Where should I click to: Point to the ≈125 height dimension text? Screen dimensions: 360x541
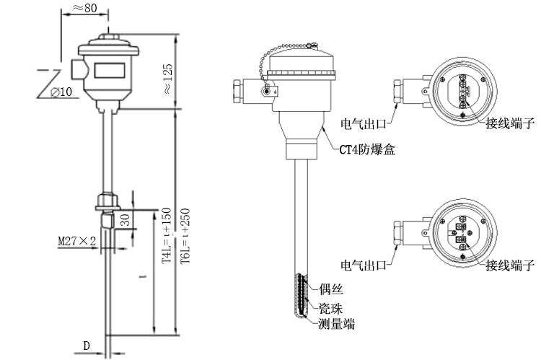[x=167, y=79]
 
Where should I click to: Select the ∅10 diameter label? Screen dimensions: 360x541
[x=62, y=92]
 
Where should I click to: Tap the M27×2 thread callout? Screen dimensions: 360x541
[x=77, y=240]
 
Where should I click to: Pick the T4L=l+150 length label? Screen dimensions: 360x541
[x=166, y=236]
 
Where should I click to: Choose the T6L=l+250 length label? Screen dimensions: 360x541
[x=185, y=236]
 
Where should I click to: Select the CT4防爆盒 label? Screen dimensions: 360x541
[x=367, y=150]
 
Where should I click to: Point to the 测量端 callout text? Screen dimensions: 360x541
[x=337, y=324]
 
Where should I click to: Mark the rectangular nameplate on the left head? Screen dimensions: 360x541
[x=110, y=71]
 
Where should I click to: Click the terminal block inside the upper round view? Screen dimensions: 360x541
[x=463, y=92]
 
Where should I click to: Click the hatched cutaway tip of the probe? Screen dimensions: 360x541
[x=302, y=296]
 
